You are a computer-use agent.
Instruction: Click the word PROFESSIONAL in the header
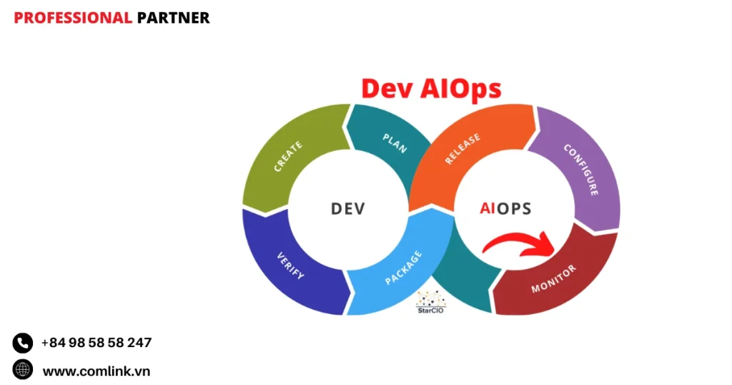(73, 18)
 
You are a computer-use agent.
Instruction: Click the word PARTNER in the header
(173, 18)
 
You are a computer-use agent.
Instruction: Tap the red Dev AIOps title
(431, 89)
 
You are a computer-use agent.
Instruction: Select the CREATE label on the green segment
(288, 157)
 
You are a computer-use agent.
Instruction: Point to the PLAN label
(395, 143)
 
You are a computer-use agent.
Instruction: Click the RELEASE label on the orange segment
(463, 149)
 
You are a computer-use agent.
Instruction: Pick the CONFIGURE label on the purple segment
(580, 169)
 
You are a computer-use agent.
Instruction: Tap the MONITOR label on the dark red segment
(554, 279)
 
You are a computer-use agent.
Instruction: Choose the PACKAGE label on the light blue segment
(403, 268)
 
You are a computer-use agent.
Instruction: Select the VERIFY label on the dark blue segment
(290, 265)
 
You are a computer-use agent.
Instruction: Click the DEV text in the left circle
(348, 208)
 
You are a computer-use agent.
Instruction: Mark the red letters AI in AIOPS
(488, 208)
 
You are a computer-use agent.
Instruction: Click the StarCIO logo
(431, 302)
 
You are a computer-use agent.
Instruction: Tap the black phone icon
(22, 343)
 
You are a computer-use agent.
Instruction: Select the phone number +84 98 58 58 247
(97, 343)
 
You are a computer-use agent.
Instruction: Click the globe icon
(22, 369)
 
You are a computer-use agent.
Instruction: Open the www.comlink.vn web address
(97, 371)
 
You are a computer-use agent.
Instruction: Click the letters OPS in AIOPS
(513, 208)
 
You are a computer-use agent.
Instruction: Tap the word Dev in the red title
(388, 89)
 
